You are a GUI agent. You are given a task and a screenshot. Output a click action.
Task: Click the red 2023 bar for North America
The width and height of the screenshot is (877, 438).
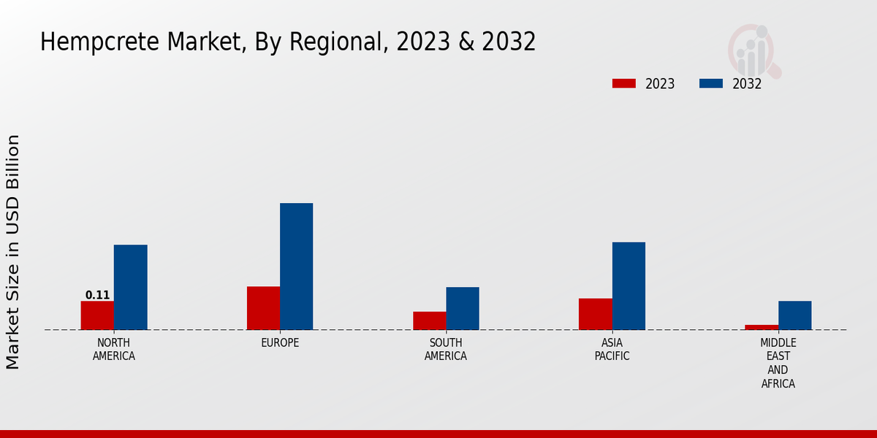point(97,315)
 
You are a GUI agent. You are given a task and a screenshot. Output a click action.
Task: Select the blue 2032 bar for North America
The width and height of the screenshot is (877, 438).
point(130,287)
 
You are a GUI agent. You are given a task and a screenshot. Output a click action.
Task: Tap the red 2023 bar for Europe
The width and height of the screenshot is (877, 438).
point(263,308)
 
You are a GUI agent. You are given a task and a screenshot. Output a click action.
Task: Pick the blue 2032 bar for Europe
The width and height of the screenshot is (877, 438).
point(296,266)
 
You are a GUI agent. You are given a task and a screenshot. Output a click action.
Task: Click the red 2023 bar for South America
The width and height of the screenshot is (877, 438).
point(429,320)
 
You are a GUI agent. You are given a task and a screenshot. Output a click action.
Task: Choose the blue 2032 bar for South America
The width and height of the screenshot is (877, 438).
point(463,308)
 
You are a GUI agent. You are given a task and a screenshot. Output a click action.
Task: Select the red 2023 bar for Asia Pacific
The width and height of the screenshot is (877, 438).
point(595,314)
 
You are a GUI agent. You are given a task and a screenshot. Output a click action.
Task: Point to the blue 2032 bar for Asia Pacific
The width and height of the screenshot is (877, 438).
point(629,285)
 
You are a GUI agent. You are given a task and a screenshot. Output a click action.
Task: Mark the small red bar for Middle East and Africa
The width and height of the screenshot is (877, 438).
point(762,327)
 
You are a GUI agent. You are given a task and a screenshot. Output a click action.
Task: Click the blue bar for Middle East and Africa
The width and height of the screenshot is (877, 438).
point(794,315)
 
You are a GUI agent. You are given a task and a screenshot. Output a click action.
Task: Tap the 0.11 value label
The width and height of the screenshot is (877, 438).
point(97,296)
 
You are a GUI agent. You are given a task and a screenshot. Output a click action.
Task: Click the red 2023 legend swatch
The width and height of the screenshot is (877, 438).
point(624,84)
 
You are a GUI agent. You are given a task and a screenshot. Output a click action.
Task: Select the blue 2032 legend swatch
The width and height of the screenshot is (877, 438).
point(711,84)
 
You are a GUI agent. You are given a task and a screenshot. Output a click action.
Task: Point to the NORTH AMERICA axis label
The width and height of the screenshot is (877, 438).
point(113,350)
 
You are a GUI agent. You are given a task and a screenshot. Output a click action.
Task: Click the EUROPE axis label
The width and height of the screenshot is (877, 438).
point(280,343)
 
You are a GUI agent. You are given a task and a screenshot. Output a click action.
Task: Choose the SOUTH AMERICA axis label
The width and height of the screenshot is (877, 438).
point(446,350)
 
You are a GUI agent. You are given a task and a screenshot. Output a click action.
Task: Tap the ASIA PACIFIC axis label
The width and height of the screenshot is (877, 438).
point(612,350)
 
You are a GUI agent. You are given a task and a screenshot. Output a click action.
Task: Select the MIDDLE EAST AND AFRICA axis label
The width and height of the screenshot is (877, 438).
point(778,363)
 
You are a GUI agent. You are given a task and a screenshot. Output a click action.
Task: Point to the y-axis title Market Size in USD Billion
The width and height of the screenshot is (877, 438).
point(13,252)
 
